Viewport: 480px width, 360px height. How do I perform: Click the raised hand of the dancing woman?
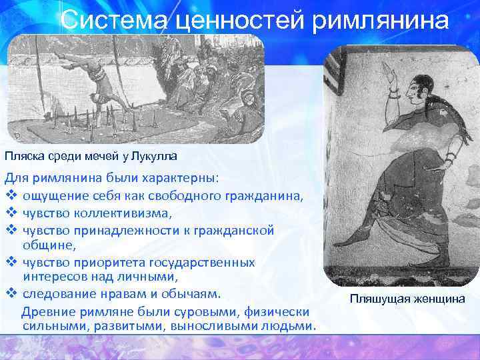tap(393, 78)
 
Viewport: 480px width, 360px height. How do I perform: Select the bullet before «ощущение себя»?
tap(10, 197)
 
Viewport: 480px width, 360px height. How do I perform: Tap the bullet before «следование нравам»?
tap(10, 294)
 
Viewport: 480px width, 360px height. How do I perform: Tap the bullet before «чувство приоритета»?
tap(10, 262)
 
